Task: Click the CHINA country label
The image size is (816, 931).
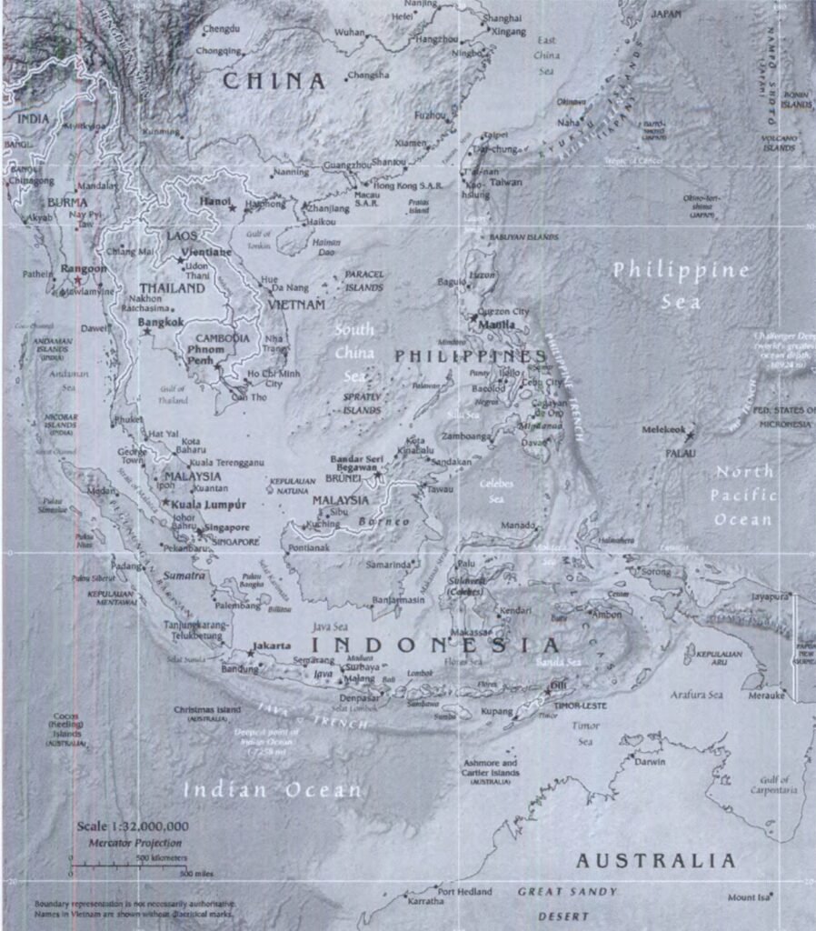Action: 274,81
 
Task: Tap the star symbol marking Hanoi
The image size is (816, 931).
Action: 233,208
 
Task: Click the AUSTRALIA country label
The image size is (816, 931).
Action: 654,860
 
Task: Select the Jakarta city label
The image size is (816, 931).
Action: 273,646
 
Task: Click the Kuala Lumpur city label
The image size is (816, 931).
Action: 207,504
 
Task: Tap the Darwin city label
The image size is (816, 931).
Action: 650,762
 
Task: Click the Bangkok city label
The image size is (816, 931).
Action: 161,322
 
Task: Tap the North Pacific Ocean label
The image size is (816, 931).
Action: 744,496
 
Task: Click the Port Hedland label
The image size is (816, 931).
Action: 464,892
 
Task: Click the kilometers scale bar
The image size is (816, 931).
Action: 104,865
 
